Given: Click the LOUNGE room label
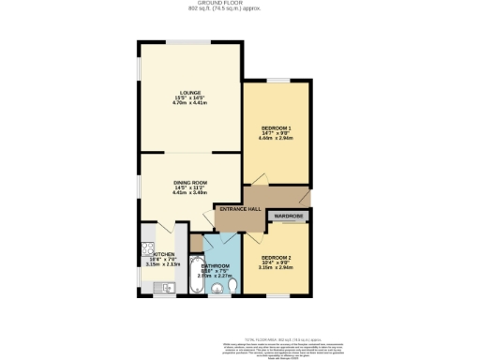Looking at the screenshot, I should (190, 92).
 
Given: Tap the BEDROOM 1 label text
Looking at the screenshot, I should (277, 127).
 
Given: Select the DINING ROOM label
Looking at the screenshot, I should (190, 182).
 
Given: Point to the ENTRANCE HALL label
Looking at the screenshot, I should (240, 208).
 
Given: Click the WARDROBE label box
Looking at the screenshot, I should (289, 217).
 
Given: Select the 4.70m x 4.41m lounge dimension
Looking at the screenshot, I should (190, 102).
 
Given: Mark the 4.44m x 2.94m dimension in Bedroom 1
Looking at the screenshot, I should (277, 138).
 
